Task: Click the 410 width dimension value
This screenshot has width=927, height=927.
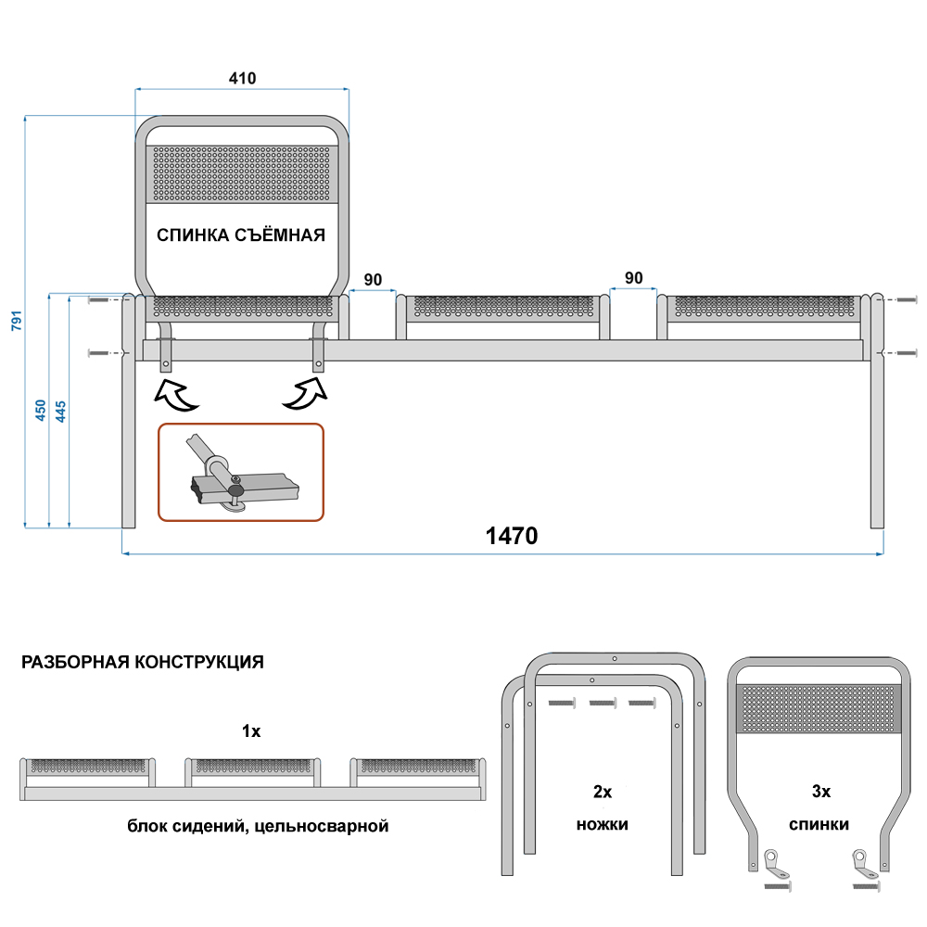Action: pos(242,78)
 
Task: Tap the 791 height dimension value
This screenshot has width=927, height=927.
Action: pos(15,320)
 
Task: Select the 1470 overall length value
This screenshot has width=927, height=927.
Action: pos(512,536)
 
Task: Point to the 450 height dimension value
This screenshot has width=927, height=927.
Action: pos(40,411)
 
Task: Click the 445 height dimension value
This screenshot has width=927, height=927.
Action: pos(60,411)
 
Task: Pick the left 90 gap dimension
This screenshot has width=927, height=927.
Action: pos(373,279)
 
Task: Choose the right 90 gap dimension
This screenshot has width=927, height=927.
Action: pos(634,277)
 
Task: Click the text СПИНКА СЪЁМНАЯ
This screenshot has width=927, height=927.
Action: pos(241,235)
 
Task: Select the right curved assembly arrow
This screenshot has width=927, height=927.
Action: pos(306,393)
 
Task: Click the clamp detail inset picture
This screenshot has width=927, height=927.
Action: pos(241,471)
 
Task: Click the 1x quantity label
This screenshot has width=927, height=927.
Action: pos(251,731)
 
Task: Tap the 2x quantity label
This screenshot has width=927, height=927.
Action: pos(603,792)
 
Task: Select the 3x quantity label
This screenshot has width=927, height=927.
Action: pos(820,792)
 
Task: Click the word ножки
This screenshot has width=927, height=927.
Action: pos(603,823)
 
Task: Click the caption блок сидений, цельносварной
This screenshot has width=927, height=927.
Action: pos(257,825)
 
